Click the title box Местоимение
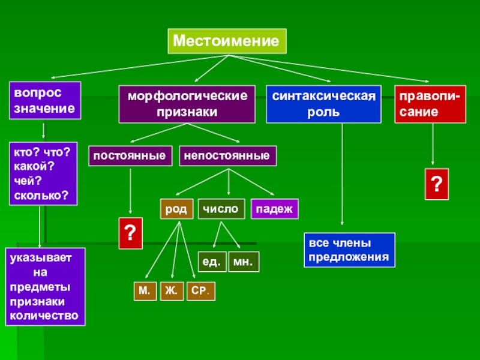pos(226,41)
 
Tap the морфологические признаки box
pos(187,104)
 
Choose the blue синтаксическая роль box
pos(323,104)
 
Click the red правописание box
pos(430,104)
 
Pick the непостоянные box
pos(228,155)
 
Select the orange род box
pos(176,209)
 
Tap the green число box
pos(221,208)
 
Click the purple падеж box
pos(274,209)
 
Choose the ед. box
pos(212,262)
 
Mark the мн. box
pos(244,262)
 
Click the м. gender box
pos(145,291)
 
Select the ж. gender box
pos(172,291)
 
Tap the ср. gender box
pos(200,291)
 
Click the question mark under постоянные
pos(131,233)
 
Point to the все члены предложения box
pos(349,251)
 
